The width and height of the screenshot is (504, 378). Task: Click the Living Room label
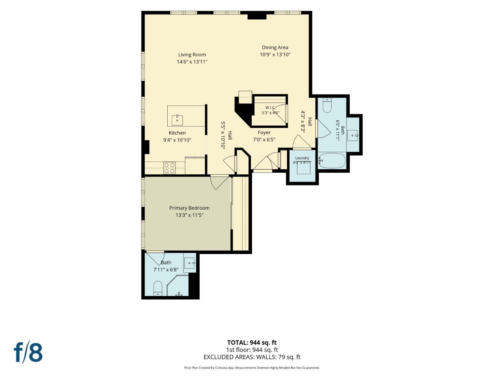pyautogui.click(x=192, y=55)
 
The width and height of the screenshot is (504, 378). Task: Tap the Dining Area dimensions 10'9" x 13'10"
pyautogui.click(x=275, y=55)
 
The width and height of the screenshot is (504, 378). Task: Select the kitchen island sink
pyautogui.click(x=177, y=120)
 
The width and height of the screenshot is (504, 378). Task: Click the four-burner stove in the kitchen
pyautogui.click(x=169, y=168)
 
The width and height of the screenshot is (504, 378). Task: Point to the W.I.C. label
pyautogui.click(x=270, y=108)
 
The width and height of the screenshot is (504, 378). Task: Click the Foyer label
pyautogui.click(x=264, y=132)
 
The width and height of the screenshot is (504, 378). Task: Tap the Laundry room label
pyautogui.click(x=302, y=158)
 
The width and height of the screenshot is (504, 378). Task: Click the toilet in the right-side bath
pyautogui.click(x=327, y=105)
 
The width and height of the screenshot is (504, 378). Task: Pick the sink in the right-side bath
pyautogui.click(x=352, y=135)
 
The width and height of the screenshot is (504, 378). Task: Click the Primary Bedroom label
pyautogui.click(x=190, y=208)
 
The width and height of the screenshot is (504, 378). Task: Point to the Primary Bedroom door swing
pyautogui.click(x=220, y=182)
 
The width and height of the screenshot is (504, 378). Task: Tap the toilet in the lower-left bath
pyautogui.click(x=158, y=288)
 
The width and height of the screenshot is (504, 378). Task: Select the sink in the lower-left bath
pyautogui.click(x=190, y=263)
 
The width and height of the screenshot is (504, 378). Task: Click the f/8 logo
pyautogui.click(x=28, y=352)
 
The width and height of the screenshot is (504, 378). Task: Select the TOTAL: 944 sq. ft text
pyautogui.click(x=252, y=343)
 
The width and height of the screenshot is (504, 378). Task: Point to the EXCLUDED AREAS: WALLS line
pyautogui.click(x=252, y=357)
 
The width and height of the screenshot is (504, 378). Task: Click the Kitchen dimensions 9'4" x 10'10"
pyautogui.click(x=177, y=140)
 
